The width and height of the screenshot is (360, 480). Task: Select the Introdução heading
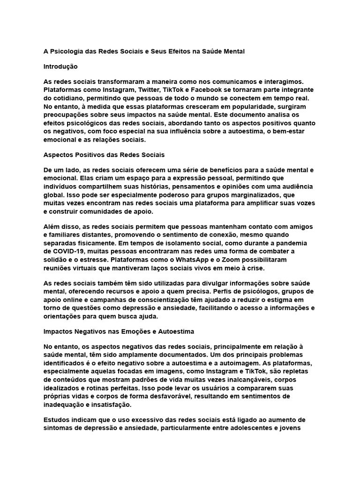[x=60, y=67]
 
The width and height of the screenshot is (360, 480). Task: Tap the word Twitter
[x=155, y=90]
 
